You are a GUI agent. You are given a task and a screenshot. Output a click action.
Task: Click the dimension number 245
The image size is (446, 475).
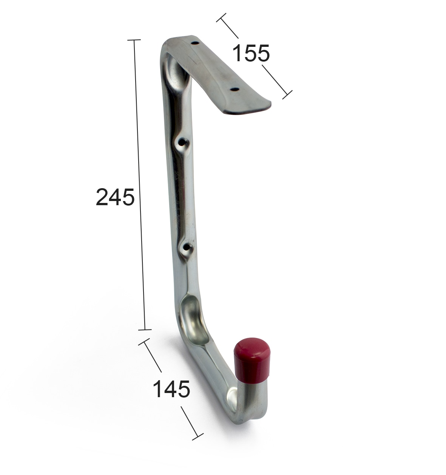[115, 197]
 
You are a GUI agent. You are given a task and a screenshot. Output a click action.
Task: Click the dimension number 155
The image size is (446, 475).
[251, 53]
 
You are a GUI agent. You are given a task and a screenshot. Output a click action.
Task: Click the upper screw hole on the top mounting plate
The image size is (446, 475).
[195, 43]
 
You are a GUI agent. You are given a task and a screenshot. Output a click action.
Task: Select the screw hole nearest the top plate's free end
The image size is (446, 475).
[235, 90]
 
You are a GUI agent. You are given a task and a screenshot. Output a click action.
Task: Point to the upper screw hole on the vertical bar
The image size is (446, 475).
[182, 143]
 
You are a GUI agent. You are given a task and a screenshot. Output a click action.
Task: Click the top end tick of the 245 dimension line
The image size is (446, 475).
[134, 40]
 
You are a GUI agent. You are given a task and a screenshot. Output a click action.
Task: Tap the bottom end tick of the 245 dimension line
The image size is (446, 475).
[145, 330]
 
